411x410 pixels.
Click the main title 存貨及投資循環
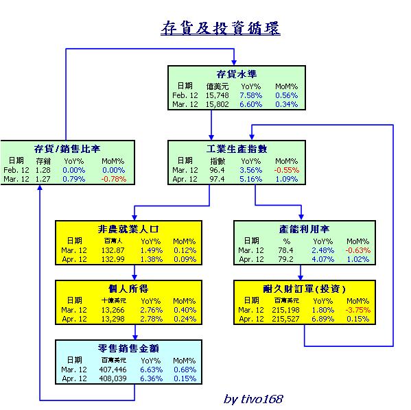(221, 28)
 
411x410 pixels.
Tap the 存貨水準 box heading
(237, 74)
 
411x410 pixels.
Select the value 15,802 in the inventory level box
(217, 104)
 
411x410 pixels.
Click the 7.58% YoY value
(251, 95)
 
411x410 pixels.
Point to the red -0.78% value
(114, 179)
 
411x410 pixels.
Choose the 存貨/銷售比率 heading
(67, 149)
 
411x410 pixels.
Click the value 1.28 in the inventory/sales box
(43, 170)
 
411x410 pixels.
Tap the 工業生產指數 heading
(237, 149)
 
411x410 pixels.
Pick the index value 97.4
(217, 179)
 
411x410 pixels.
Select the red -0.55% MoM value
(287, 170)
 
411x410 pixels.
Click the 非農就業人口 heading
(128, 229)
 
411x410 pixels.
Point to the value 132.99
(113, 259)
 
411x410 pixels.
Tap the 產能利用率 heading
(304, 229)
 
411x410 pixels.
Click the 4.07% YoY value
(323, 259)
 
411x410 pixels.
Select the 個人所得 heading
(128, 289)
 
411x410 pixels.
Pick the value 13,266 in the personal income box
(113, 310)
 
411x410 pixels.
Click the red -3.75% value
(357, 310)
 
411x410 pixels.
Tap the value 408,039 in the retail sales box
(113, 378)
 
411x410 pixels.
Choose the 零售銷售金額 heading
(128, 348)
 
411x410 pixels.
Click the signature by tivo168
(253, 399)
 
